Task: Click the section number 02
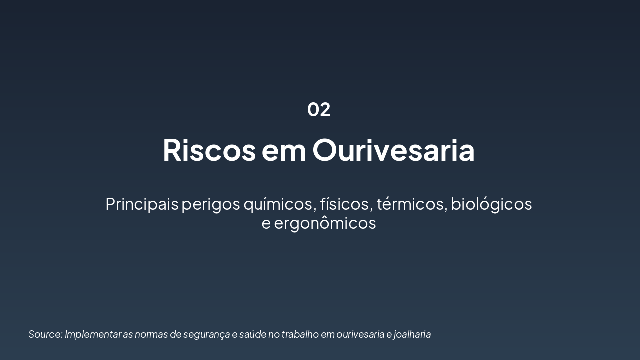(319, 110)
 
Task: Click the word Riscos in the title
(209, 150)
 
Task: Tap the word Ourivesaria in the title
(394, 150)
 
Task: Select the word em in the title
(284, 150)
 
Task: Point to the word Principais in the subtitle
(142, 204)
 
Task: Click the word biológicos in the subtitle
(491, 204)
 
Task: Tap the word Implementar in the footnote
(93, 334)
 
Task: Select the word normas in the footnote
(151, 334)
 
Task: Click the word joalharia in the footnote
(412, 334)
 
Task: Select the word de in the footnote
(176, 334)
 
